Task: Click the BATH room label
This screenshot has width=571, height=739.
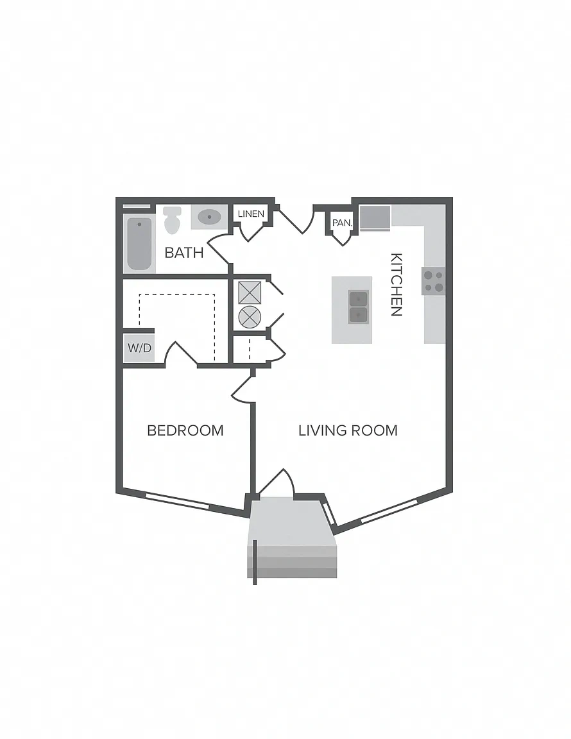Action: click(x=184, y=253)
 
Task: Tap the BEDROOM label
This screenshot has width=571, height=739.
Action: click(x=185, y=430)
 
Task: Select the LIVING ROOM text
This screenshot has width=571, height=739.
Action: click(x=348, y=430)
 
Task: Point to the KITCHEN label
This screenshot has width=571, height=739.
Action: click(x=396, y=285)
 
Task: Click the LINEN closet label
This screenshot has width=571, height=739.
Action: click(x=251, y=214)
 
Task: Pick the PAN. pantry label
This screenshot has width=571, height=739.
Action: click(x=343, y=223)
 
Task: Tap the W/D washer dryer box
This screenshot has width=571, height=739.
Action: click(x=140, y=348)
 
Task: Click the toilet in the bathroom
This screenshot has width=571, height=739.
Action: click(x=173, y=220)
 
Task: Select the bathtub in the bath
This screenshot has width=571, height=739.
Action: click(x=140, y=244)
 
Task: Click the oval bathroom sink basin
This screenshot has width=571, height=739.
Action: click(x=209, y=217)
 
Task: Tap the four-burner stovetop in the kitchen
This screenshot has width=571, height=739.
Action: click(x=434, y=282)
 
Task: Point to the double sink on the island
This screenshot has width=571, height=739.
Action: click(x=359, y=307)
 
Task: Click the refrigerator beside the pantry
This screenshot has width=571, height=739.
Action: click(x=375, y=217)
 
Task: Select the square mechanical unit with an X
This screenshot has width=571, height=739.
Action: click(x=250, y=293)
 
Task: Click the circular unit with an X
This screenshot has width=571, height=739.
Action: click(x=250, y=317)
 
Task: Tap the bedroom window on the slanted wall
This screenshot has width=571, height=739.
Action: click(x=177, y=501)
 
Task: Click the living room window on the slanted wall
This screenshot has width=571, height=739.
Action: click(x=389, y=511)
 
